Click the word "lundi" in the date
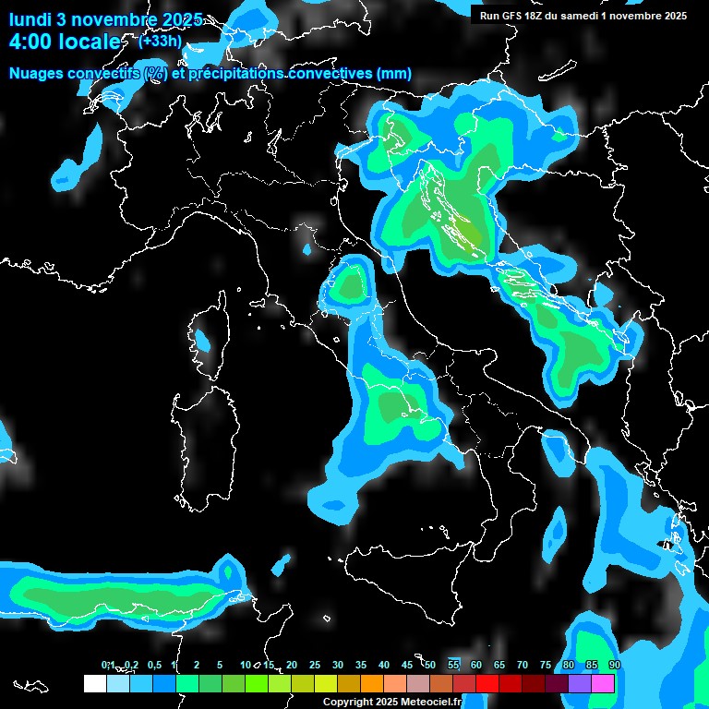click(x=30, y=19)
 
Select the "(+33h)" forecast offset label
click(x=161, y=41)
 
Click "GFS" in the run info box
click(x=515, y=15)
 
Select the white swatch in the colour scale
click(x=94, y=683)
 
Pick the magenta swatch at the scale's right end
click(x=603, y=683)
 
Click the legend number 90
click(x=614, y=665)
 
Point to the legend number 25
click(x=315, y=665)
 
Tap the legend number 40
click(x=384, y=665)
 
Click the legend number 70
click(x=523, y=665)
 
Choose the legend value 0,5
click(x=154, y=665)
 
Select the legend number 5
click(x=220, y=665)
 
